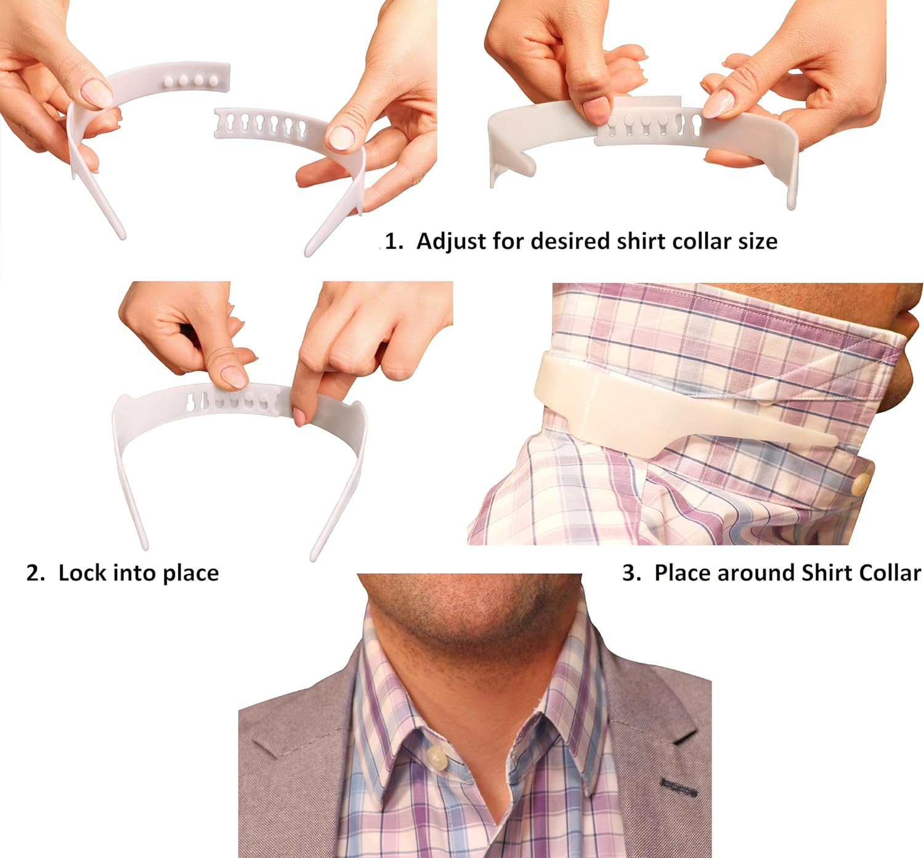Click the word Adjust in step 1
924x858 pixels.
pos(451,241)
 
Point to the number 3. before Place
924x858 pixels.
pos(632,573)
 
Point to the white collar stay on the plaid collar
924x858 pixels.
pos(616,407)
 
